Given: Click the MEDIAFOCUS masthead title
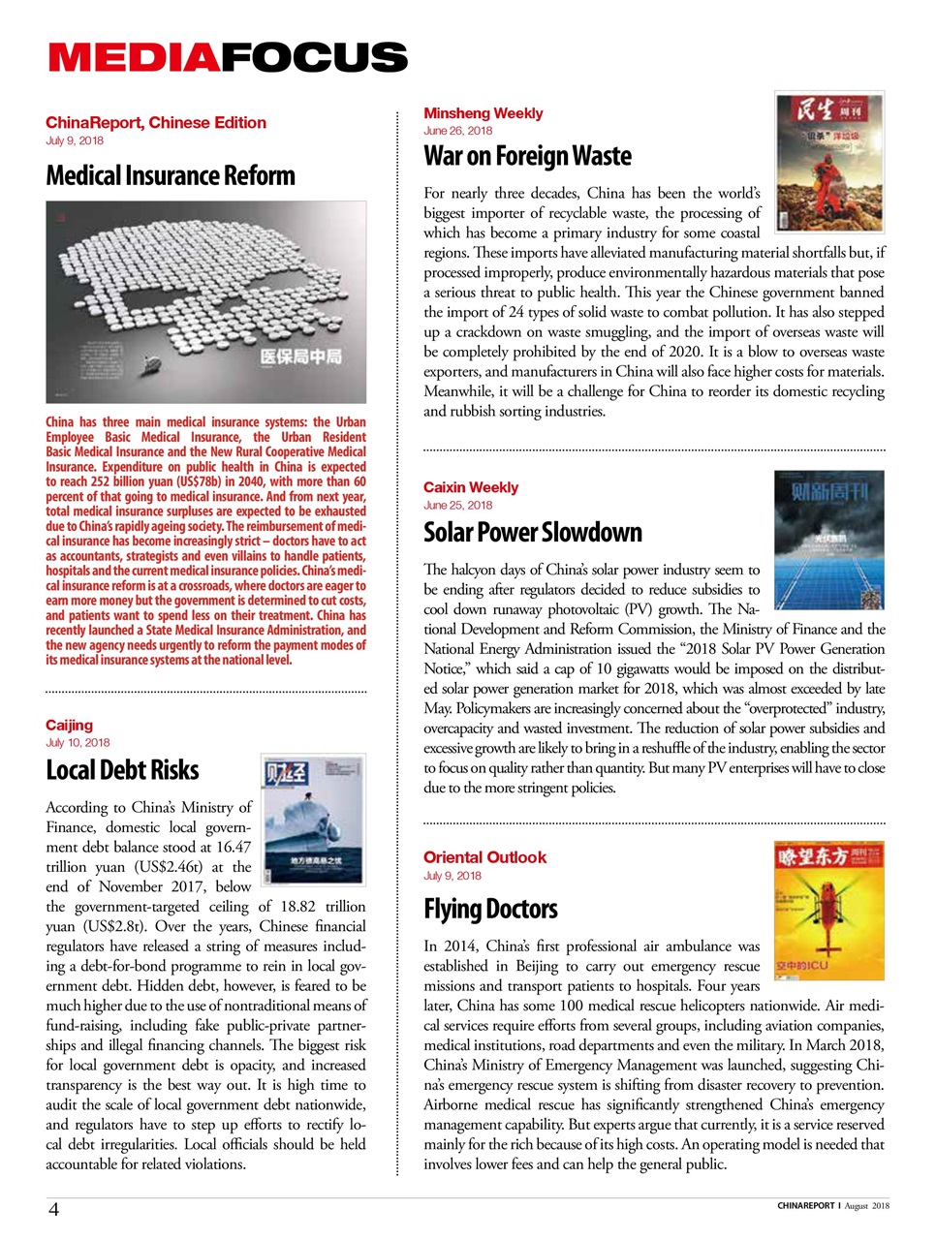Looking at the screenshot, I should coord(228,58).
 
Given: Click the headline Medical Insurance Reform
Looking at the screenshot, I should coord(171,176).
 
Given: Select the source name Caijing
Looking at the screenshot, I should coord(70,725).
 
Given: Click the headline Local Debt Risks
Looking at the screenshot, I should coord(122,770).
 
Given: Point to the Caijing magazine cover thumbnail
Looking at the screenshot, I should coord(313,819).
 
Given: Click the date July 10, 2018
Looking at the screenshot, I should coord(78,743).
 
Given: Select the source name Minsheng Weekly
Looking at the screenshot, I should coord(483,113).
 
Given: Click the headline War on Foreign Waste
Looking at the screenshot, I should coord(527,156).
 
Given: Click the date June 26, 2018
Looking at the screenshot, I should coord(457,131).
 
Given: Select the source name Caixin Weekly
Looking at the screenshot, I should coord(471,487).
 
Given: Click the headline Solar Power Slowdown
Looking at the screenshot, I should coord(532,533).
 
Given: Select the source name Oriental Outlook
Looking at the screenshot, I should coord(484,857).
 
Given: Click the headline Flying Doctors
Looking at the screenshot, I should coord(490,909).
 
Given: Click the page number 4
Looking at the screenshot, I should coord(54,1209).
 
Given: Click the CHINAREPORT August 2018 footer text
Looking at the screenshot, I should coord(832,1206).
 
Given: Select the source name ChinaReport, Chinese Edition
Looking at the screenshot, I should coord(155,123).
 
